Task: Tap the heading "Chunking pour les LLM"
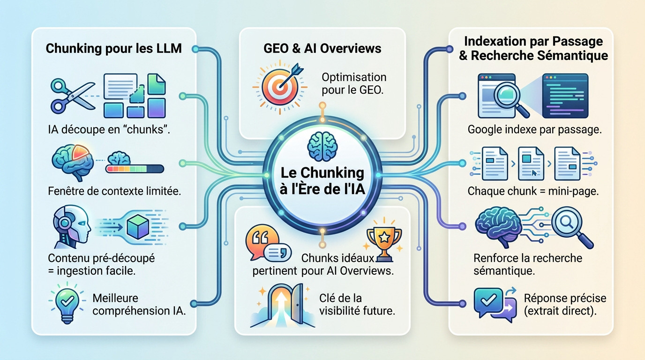pyautogui.click(x=113, y=49)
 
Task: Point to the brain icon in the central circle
pyautogui.click(x=322, y=145)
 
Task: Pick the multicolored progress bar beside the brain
pyautogui.click(x=135, y=168)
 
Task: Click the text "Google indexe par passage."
pyautogui.click(x=534, y=130)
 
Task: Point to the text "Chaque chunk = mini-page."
pyautogui.click(x=533, y=192)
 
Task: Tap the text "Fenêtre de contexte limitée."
pyautogui.click(x=114, y=192)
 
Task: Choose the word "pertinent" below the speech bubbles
pyautogui.click(x=274, y=270)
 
